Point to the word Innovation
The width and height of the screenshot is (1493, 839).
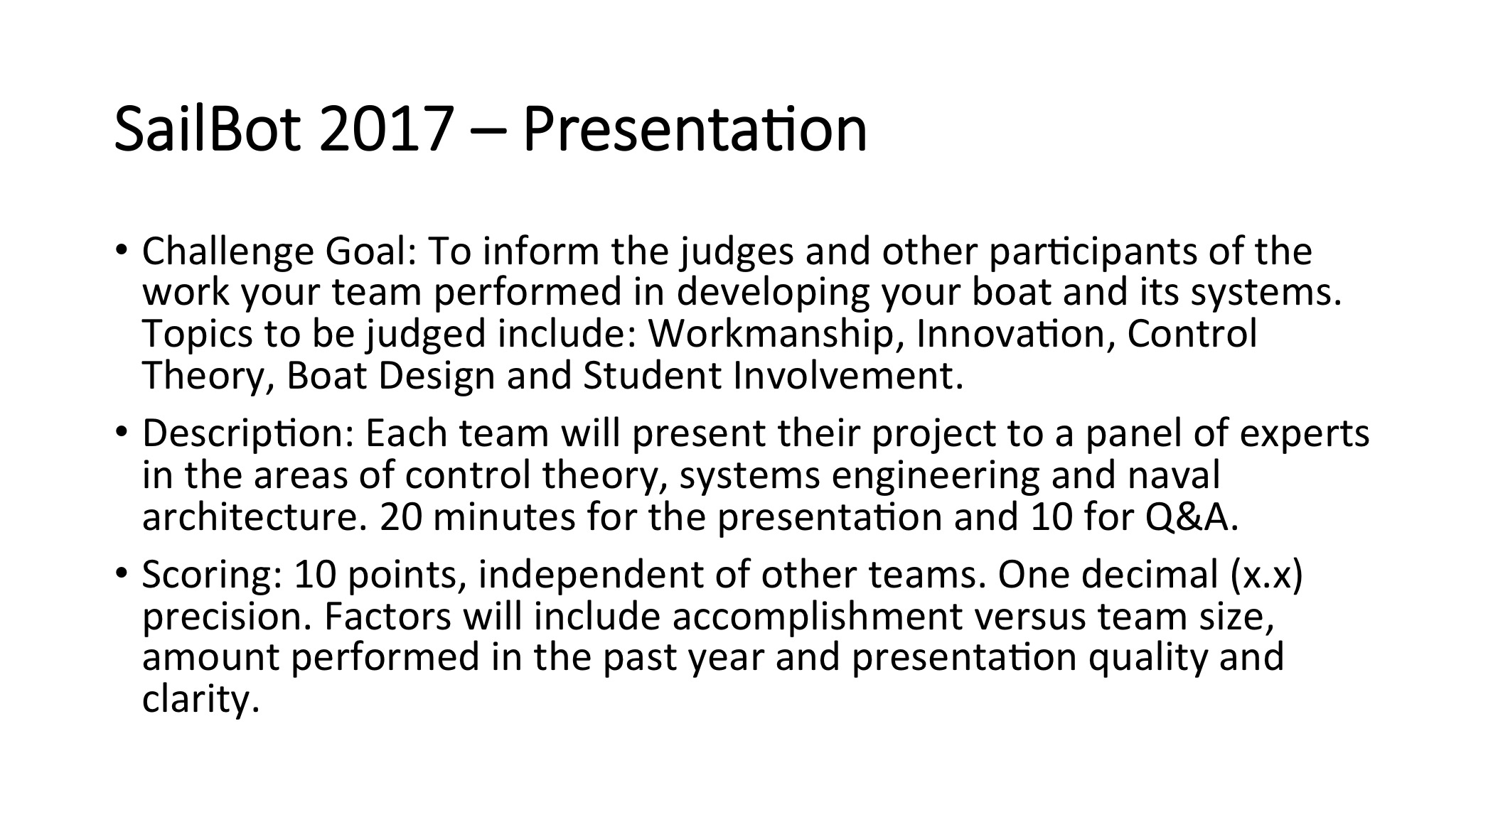1006,334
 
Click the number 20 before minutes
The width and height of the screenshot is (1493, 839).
400,517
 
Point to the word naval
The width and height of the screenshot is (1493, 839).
1174,475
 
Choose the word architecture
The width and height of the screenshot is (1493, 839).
255,517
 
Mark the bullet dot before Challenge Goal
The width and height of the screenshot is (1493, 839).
122,251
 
